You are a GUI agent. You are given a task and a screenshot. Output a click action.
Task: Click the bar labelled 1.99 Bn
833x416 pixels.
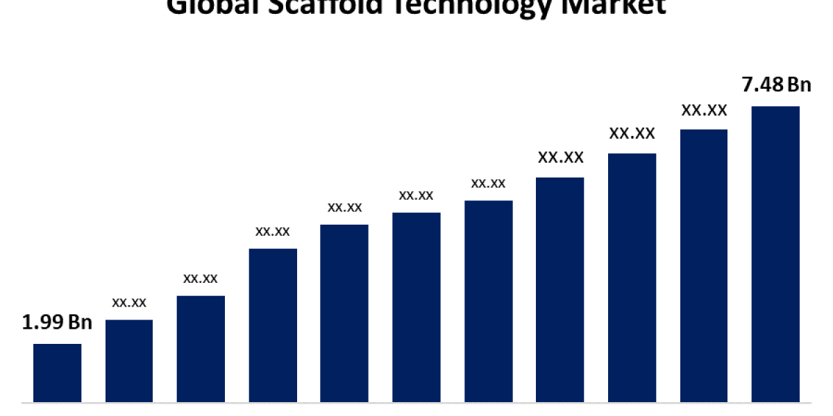pyautogui.click(x=57, y=373)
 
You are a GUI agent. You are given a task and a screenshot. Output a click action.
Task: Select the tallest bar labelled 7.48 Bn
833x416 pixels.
pyautogui.click(x=775, y=254)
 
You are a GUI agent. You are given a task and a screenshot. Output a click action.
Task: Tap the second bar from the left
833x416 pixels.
pyautogui.click(x=129, y=361)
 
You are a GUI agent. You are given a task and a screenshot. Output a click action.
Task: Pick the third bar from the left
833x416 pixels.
pyautogui.click(x=201, y=349)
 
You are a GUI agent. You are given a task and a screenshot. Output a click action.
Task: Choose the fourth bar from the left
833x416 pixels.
pyautogui.click(x=273, y=325)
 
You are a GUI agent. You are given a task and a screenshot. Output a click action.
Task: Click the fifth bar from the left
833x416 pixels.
pyautogui.click(x=344, y=313)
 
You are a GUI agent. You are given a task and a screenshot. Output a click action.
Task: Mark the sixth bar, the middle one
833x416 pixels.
pyautogui.click(x=416, y=307)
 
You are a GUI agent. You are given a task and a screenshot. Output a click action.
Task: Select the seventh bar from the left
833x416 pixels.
pyautogui.click(x=489, y=302)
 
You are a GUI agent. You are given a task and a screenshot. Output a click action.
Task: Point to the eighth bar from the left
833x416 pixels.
pyautogui.click(x=560, y=290)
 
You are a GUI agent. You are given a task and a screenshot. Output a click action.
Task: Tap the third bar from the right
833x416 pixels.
pyautogui.click(x=632, y=277)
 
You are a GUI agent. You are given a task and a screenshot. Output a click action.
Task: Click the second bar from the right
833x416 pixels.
pyautogui.click(x=704, y=266)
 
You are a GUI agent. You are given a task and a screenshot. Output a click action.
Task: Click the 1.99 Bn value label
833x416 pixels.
pyautogui.click(x=57, y=322)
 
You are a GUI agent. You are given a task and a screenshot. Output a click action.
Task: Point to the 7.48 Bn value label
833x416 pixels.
pyautogui.click(x=776, y=85)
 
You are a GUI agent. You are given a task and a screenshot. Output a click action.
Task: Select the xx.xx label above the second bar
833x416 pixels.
pyautogui.click(x=129, y=302)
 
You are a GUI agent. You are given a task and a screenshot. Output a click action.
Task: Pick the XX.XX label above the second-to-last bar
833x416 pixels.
pyautogui.click(x=704, y=110)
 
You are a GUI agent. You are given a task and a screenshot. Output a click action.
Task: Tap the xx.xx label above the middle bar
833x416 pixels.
pyautogui.click(x=416, y=196)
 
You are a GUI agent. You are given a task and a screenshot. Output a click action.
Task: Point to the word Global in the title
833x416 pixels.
pyautogui.click(x=201, y=6)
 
